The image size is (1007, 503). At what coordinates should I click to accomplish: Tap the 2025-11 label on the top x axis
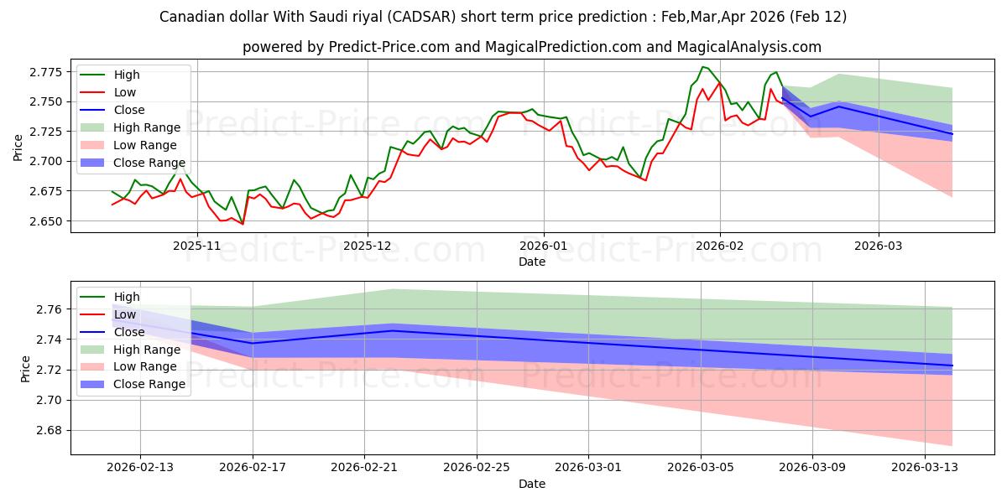(x=197, y=246)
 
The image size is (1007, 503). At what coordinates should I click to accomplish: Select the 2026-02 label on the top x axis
(x=720, y=246)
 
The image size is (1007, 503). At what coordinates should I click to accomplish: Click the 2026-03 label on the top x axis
(x=879, y=246)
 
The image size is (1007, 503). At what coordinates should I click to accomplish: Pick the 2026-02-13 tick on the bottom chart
(x=139, y=467)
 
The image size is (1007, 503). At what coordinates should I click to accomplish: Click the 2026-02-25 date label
(x=476, y=467)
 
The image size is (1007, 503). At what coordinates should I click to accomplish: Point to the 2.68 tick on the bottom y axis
(x=50, y=431)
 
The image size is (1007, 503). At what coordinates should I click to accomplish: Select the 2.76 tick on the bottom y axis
(x=50, y=310)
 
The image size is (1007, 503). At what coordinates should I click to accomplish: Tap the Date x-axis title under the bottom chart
(x=532, y=484)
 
